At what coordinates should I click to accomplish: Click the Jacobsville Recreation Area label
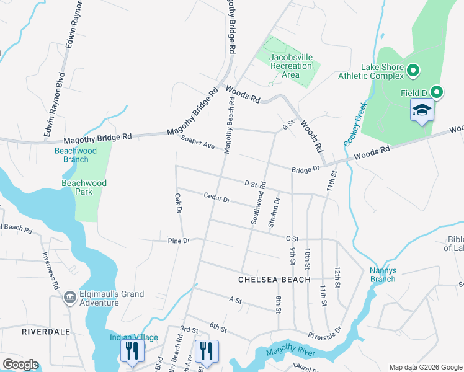point(291,65)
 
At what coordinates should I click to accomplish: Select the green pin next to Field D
point(437,93)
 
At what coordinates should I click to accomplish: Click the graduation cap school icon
point(422,110)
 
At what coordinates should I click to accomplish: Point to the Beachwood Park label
point(84,187)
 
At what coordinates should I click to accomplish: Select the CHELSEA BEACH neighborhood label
point(275,280)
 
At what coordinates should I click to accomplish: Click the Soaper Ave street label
point(197,143)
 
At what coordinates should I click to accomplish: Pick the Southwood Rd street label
point(259,203)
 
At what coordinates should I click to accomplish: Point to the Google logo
point(20,365)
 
